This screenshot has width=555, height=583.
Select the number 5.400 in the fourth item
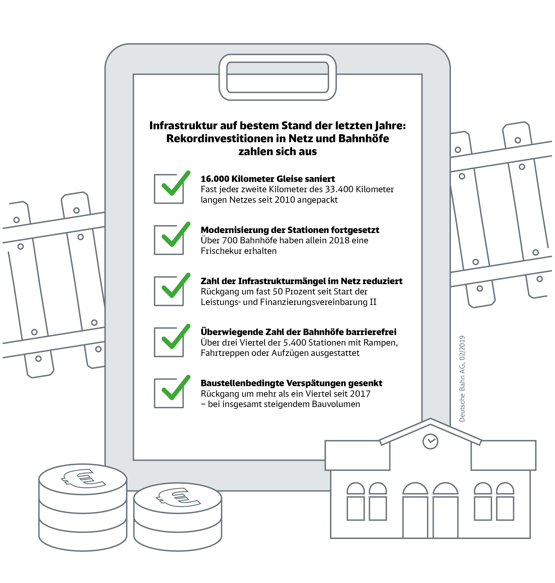point(294,343)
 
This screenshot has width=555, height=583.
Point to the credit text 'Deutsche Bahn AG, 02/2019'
point(462,379)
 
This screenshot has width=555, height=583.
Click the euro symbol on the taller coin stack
point(83,478)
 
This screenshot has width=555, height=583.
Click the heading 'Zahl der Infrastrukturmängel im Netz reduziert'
point(301,281)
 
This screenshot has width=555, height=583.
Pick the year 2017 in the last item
point(360,394)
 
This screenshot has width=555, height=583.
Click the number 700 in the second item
point(230,240)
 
